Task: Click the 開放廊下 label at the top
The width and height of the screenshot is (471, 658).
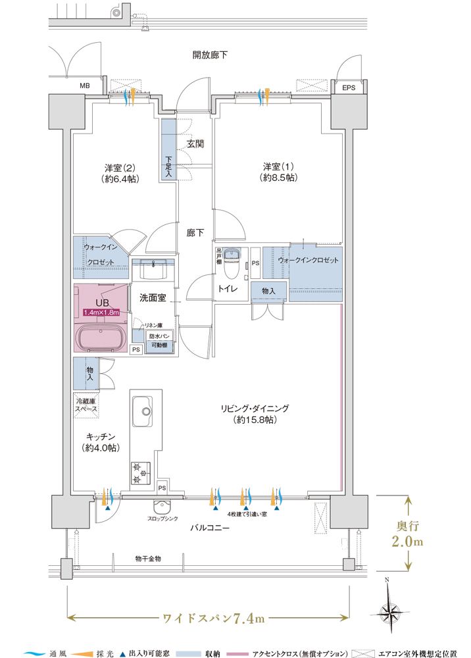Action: tap(210, 55)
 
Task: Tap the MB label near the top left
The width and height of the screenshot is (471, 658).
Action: tap(85, 86)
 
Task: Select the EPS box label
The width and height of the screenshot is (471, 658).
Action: tap(349, 87)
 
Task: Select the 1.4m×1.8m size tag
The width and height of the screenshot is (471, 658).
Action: tap(101, 312)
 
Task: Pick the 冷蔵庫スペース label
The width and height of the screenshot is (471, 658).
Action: tap(86, 405)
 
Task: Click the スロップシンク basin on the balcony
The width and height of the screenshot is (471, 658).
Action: tap(161, 507)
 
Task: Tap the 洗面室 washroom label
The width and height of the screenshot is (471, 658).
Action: tap(152, 297)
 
